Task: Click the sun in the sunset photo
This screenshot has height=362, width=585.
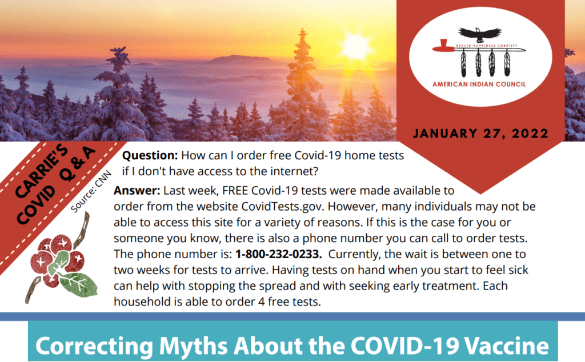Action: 355,46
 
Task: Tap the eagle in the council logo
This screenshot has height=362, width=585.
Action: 480,34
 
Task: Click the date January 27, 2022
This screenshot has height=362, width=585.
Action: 480,134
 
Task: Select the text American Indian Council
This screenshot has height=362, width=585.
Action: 479,85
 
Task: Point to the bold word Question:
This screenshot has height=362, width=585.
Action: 150,155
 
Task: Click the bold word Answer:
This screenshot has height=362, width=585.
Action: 137,191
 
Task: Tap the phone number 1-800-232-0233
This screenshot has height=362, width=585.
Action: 278,254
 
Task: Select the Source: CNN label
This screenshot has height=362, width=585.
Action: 91,192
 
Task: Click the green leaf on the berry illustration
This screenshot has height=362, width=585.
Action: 78,284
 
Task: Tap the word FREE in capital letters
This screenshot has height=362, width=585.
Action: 235,191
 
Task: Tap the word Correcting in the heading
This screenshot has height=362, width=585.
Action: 94,347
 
